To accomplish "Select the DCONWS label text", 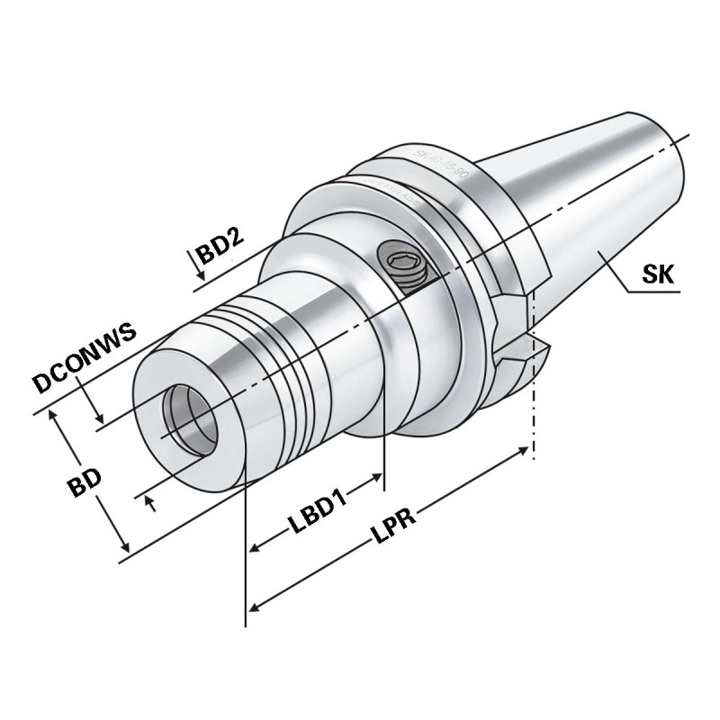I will click(85, 358).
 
